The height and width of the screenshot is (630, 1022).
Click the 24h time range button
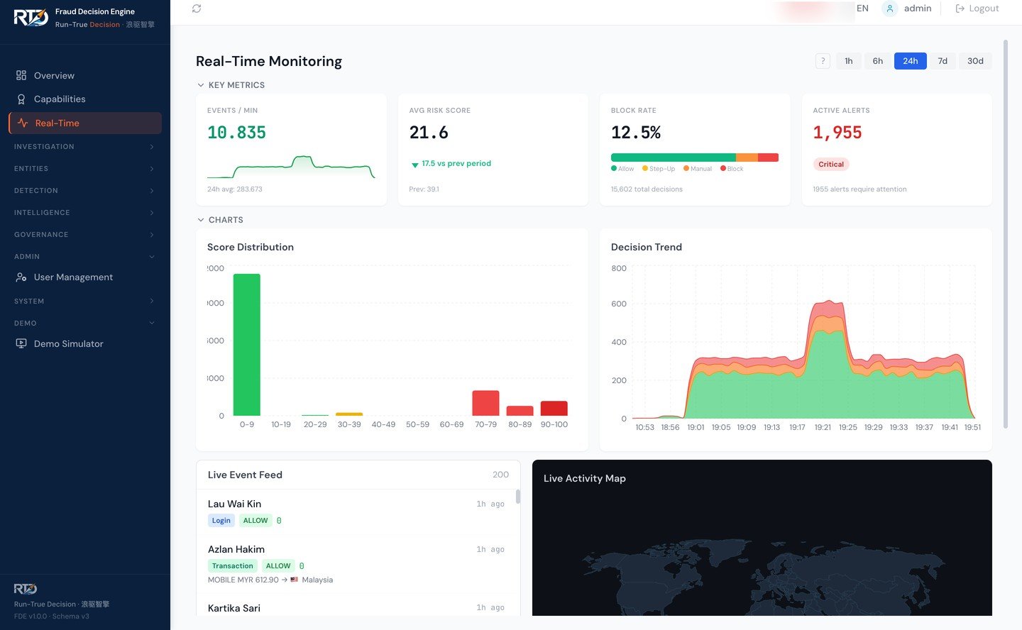[910, 61]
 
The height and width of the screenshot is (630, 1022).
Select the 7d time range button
[942, 61]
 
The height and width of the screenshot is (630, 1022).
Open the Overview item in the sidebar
[54, 76]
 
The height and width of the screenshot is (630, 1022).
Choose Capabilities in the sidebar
[60, 99]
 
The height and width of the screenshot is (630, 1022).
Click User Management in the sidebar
[73, 277]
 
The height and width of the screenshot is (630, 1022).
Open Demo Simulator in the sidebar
[68, 344]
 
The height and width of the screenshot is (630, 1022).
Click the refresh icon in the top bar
[197, 9]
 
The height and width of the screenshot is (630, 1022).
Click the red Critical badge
[830, 165]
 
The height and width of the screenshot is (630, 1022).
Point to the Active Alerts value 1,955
[837, 133]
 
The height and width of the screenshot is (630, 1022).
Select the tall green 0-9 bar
[246, 344]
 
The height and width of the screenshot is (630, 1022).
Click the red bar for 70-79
[485, 403]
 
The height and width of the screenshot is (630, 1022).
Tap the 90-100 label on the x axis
[554, 425]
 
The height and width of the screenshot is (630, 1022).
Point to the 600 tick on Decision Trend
[619, 304]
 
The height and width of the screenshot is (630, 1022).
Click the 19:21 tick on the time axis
[823, 428]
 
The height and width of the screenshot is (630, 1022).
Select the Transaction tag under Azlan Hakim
[232, 566]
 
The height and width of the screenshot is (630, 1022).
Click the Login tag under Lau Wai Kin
[221, 521]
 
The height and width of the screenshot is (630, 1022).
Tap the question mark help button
[823, 61]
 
